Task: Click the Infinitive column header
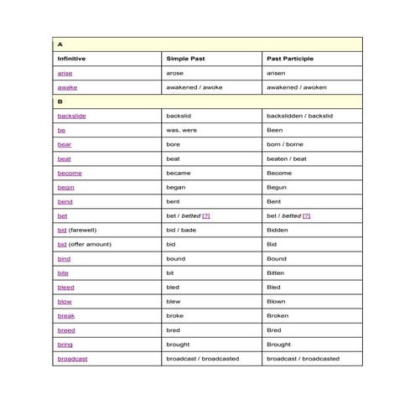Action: [x=71, y=59]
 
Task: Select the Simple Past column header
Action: [x=185, y=59]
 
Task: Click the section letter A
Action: [x=60, y=44]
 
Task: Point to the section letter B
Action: [x=60, y=101]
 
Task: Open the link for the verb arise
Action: [x=65, y=73]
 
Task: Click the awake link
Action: [x=67, y=87]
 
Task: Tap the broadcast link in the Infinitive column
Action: [x=72, y=358]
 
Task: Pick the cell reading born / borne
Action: [x=284, y=144]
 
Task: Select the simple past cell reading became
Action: [x=180, y=173]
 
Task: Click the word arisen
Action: [x=276, y=73]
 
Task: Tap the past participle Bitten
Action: [x=276, y=272]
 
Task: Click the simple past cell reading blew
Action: [x=174, y=301]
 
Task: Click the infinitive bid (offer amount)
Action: [x=84, y=244]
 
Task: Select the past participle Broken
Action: [x=278, y=315]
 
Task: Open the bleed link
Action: [x=65, y=287]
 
